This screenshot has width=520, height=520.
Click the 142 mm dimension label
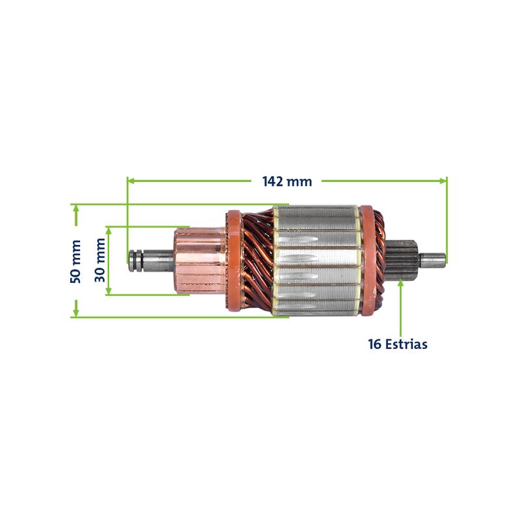[287, 182]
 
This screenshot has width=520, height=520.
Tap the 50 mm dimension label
[75, 261]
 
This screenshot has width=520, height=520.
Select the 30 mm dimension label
[100, 260]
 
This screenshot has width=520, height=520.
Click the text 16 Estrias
[398, 344]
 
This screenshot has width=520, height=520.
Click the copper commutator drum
[200, 261]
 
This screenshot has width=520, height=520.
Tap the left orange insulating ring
[233, 261]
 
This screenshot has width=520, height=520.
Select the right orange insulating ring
[367, 261]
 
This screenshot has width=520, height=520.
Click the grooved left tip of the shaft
[136, 261]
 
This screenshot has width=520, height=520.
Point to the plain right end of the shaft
[432, 261]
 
